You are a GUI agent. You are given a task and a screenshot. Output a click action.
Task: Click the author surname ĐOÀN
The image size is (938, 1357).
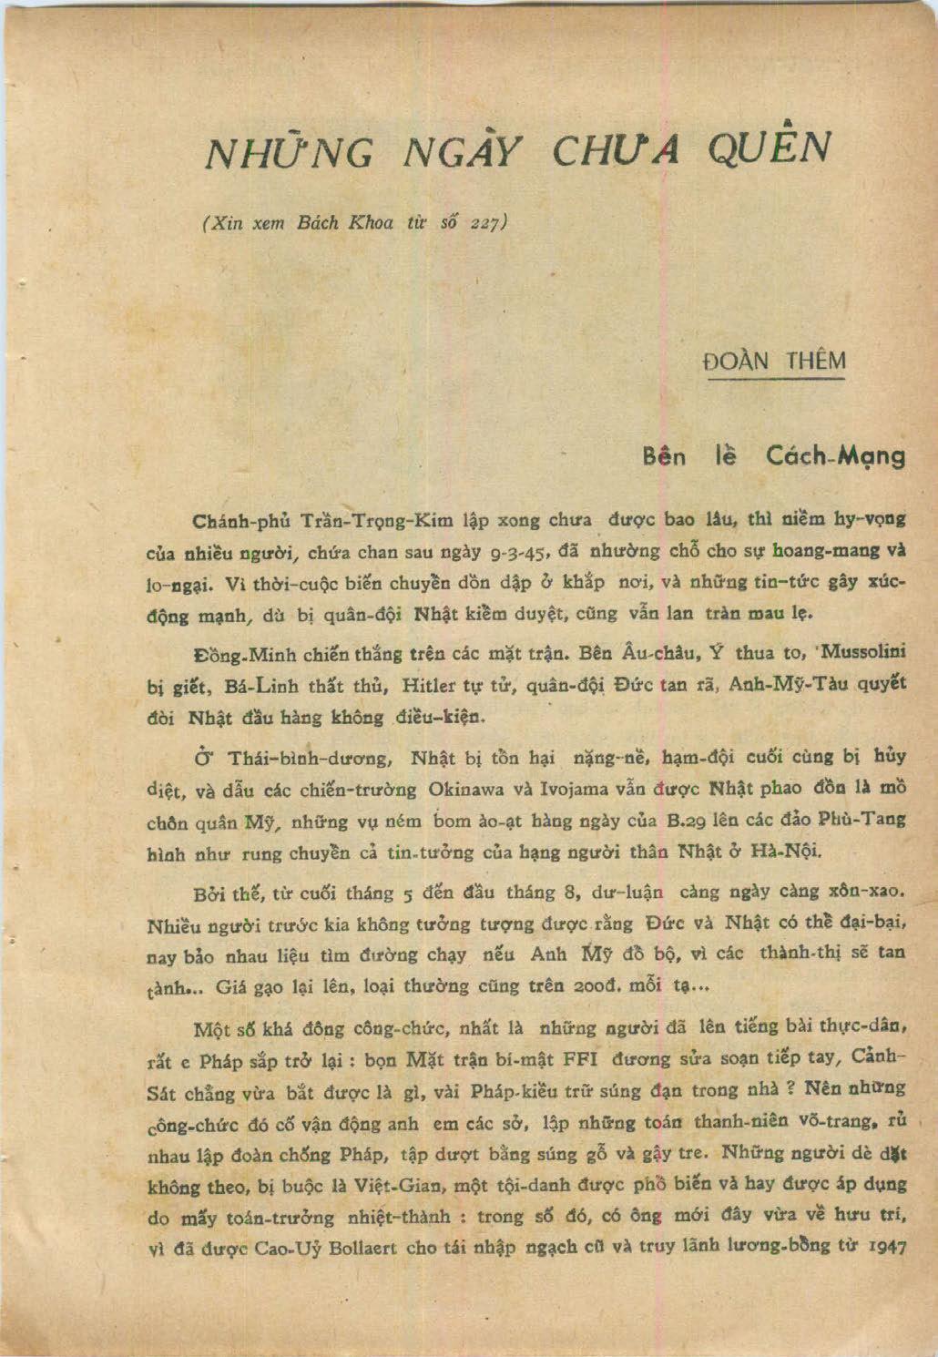(736, 362)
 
